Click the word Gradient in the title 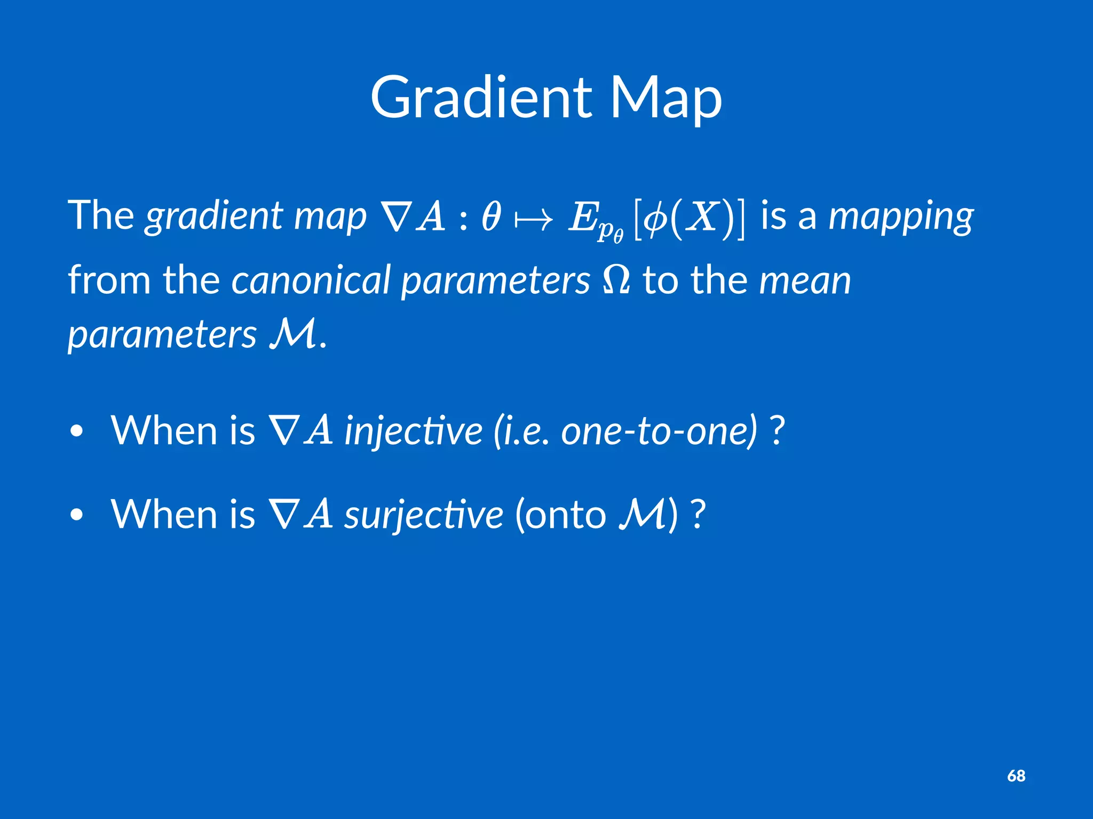pyautogui.click(x=480, y=98)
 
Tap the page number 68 pyautogui.click(x=1016, y=776)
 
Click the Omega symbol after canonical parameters pyautogui.click(x=616, y=280)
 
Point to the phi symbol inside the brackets pyautogui.click(x=654, y=219)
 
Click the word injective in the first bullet pyautogui.click(x=413, y=431)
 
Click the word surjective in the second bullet pyautogui.click(x=423, y=515)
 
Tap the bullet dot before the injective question pyautogui.click(x=77, y=431)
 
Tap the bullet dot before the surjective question pyautogui.click(x=77, y=515)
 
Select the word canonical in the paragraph pyautogui.click(x=311, y=280)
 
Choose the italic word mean pyautogui.click(x=805, y=280)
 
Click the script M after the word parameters pyautogui.click(x=292, y=335)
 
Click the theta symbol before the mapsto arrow pyautogui.click(x=490, y=218)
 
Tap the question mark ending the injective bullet pyautogui.click(x=778, y=431)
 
